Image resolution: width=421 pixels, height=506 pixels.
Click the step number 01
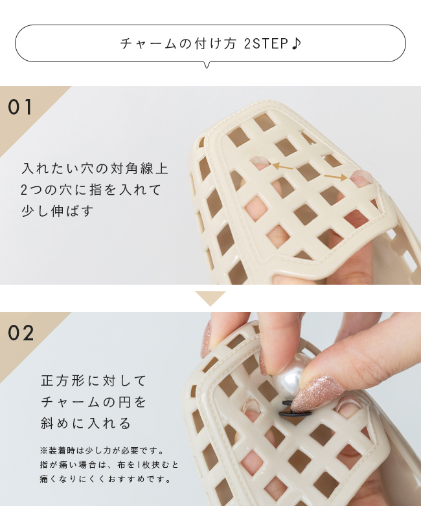tap(20, 107)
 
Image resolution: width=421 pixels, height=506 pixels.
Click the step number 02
tap(21, 333)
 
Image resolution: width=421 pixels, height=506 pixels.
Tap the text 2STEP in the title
tap(266, 43)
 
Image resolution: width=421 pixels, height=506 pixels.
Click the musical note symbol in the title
tap(296, 43)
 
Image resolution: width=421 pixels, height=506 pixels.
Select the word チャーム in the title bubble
tap(148, 43)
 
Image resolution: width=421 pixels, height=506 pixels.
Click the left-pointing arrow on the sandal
tap(283, 166)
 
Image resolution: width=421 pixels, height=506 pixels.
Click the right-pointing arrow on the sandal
tap(336, 177)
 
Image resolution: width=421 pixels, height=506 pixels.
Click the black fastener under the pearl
tap(295, 409)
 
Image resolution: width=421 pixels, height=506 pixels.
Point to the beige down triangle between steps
tap(210, 298)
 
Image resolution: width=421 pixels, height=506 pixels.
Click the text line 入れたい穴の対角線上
tap(95, 169)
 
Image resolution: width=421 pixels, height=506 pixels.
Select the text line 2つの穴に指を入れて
tap(91, 190)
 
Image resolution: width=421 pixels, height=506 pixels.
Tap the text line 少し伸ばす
tap(57, 211)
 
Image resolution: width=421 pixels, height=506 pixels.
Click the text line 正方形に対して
tap(94, 380)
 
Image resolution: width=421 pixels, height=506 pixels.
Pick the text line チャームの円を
tap(94, 402)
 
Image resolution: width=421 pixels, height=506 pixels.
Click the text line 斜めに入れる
tap(85, 423)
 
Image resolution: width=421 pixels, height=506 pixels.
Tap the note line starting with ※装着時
tap(102, 450)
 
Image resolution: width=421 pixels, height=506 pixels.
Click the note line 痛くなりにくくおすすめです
tap(106, 479)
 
